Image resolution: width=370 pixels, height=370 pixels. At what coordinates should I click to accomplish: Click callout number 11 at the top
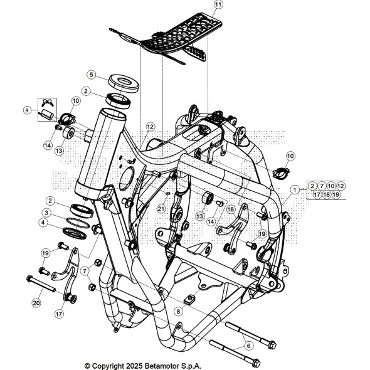(x=218, y=4)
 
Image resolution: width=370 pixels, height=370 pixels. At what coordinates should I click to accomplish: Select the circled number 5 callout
(x=92, y=75)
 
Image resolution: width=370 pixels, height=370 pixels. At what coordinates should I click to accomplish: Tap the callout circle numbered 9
(x=28, y=110)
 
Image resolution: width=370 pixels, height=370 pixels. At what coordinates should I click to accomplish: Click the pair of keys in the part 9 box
(x=48, y=103)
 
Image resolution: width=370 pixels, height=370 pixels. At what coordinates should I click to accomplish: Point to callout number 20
(x=36, y=303)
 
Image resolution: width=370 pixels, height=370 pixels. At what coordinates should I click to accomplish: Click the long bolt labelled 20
(x=41, y=284)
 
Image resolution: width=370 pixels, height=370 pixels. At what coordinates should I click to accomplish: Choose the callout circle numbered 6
(x=248, y=346)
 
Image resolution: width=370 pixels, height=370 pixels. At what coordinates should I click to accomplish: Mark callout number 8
(x=178, y=312)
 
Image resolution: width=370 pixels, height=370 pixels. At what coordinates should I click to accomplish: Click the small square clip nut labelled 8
(x=189, y=299)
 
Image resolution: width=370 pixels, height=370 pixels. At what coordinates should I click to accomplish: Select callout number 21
(x=161, y=209)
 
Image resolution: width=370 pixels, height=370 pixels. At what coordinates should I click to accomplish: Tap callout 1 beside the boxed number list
(x=294, y=190)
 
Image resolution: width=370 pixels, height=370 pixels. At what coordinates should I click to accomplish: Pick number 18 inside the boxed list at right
(x=327, y=194)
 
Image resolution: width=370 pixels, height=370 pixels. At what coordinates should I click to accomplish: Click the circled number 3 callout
(x=46, y=213)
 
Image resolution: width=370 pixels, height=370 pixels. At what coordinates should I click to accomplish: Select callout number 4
(x=43, y=223)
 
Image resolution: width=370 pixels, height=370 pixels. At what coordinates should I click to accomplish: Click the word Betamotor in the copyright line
(x=162, y=366)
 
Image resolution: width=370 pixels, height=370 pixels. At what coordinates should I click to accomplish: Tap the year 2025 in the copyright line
(x=134, y=366)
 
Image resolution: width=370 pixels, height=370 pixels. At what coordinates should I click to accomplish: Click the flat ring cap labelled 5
(x=124, y=83)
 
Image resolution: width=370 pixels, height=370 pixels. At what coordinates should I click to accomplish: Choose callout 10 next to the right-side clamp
(x=290, y=156)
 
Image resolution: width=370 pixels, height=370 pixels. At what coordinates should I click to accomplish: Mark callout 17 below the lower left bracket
(x=59, y=314)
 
